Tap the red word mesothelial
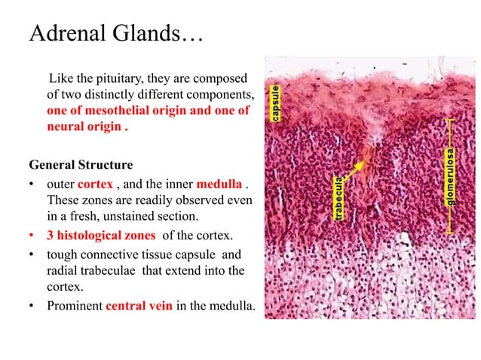click(x=119, y=111)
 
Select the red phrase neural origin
click(x=81, y=126)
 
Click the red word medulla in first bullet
click(x=219, y=185)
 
